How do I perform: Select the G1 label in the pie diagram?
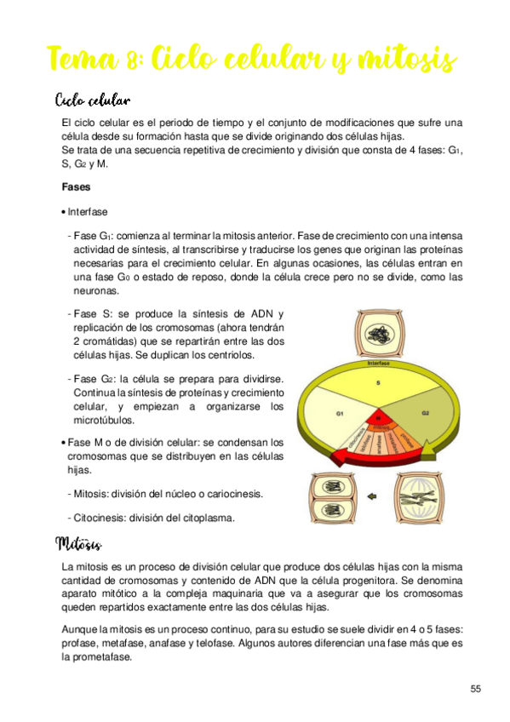pos(339,415)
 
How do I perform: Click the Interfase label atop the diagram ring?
pos(379,364)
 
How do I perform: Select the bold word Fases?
pos(76,186)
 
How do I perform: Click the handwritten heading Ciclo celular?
pos(91,100)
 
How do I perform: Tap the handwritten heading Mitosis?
pos(78,542)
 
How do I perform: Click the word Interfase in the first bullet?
pos(88,212)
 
